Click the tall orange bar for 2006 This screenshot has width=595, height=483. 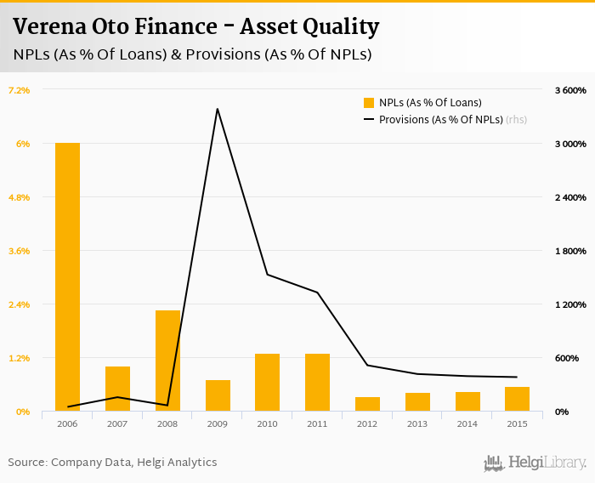coord(67,276)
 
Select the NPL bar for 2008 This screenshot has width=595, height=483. coord(167,361)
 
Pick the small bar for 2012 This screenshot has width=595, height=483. coord(367,404)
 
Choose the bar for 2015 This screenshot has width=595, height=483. coord(517,399)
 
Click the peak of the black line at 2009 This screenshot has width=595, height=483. coord(218,109)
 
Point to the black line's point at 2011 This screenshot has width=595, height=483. coord(317,293)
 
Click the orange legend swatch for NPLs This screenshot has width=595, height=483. coord(369,103)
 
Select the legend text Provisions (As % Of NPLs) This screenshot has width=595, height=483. coord(440,120)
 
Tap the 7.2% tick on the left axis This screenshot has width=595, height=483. coord(19,90)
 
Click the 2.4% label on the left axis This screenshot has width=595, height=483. coord(19,304)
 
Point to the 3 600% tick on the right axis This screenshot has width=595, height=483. coord(570,90)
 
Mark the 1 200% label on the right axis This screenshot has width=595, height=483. coord(570,304)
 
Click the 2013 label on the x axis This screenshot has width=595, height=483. coord(417,423)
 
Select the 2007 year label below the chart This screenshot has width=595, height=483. coord(117,423)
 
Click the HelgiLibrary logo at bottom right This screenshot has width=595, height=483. coord(535,463)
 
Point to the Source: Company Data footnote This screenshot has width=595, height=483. coord(112,463)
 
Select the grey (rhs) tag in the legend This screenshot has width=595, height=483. coord(516,120)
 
